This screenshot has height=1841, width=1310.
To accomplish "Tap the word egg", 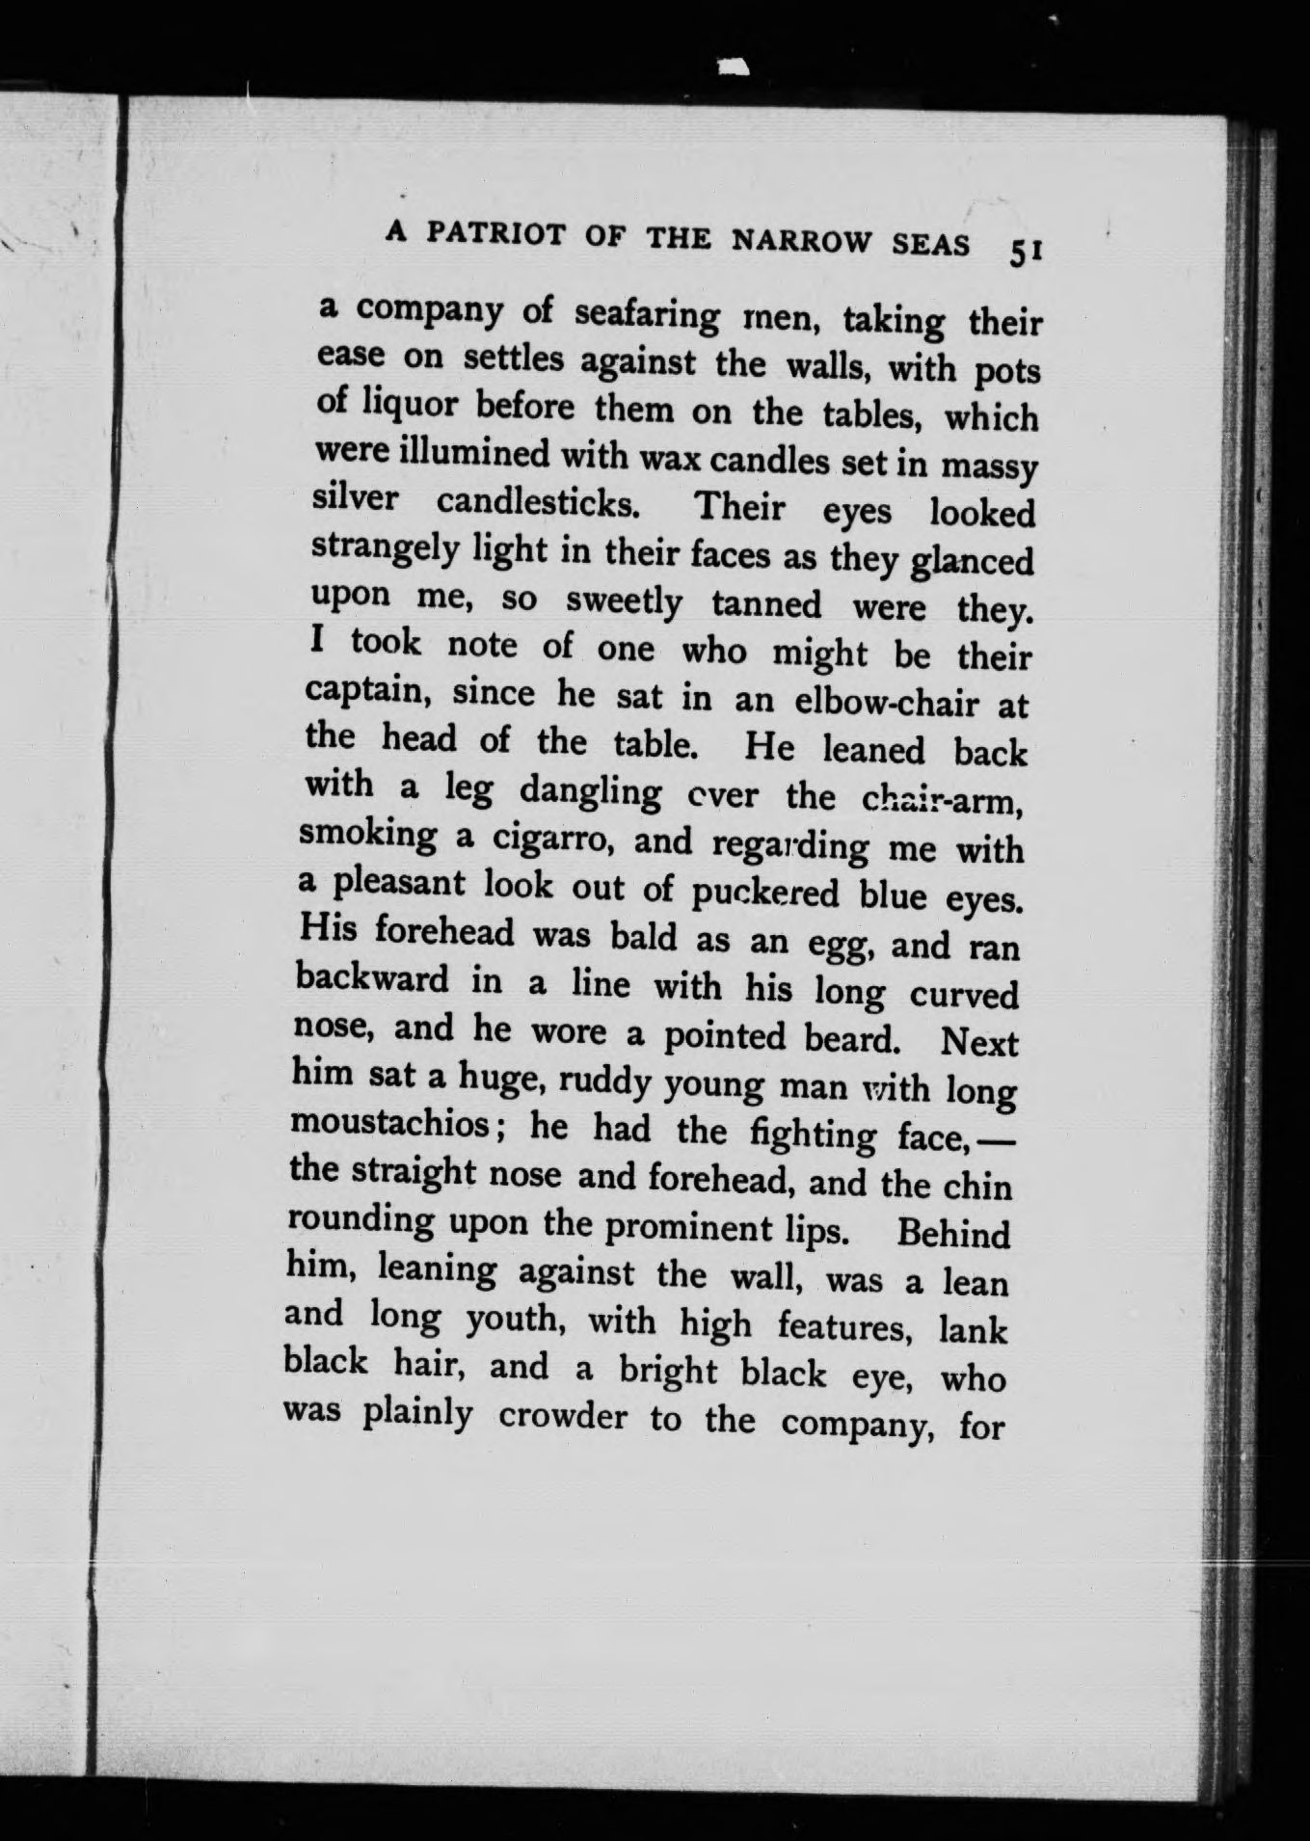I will click(x=844, y=943).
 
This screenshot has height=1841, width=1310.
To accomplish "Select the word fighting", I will click(x=812, y=1134).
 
